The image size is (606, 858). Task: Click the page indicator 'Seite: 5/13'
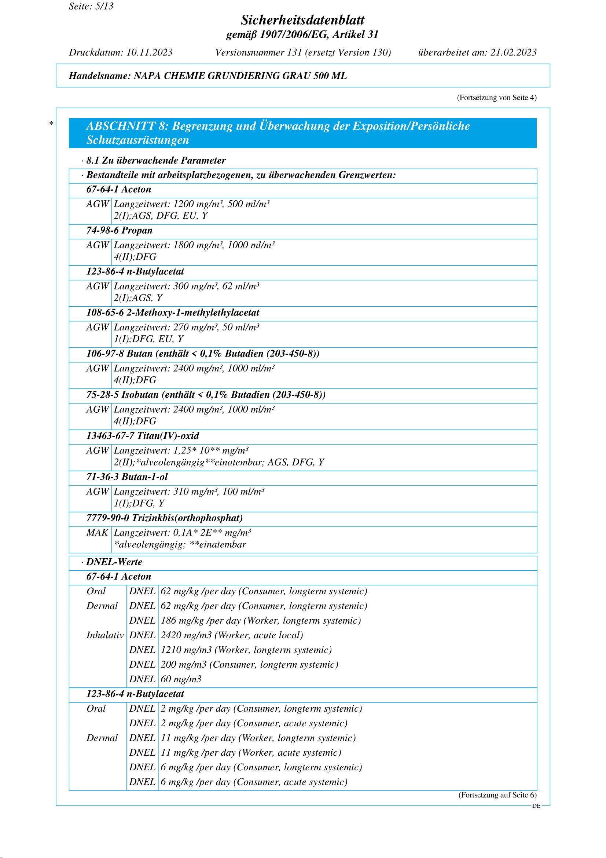click(x=91, y=6)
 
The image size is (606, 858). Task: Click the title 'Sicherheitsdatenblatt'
click(x=302, y=20)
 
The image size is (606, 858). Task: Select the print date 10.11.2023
click(x=149, y=52)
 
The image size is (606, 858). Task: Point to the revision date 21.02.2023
click(x=513, y=52)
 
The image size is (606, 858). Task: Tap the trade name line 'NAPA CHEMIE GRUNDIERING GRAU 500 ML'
click(x=240, y=76)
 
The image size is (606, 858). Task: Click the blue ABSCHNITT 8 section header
click(x=302, y=133)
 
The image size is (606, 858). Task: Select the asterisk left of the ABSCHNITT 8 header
click(x=52, y=124)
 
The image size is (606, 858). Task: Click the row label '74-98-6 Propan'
click(x=120, y=230)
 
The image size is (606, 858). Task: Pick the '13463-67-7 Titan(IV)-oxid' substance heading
click(x=143, y=436)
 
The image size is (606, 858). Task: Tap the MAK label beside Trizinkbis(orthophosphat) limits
click(x=97, y=533)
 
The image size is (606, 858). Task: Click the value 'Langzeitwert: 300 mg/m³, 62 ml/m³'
click(x=187, y=286)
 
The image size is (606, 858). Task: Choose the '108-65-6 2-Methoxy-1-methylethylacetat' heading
click(x=173, y=313)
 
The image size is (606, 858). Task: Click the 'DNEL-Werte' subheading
click(x=114, y=562)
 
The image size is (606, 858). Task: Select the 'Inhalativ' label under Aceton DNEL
click(x=105, y=635)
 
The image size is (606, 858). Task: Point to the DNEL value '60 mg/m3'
click(x=181, y=679)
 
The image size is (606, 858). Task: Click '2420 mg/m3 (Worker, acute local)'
click(x=232, y=635)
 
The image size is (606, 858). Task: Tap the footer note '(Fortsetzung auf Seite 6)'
click(x=497, y=795)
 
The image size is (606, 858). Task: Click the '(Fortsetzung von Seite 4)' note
click(x=497, y=98)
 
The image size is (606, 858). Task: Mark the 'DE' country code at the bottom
click(x=536, y=806)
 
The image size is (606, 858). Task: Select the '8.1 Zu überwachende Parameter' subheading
click(x=156, y=160)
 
